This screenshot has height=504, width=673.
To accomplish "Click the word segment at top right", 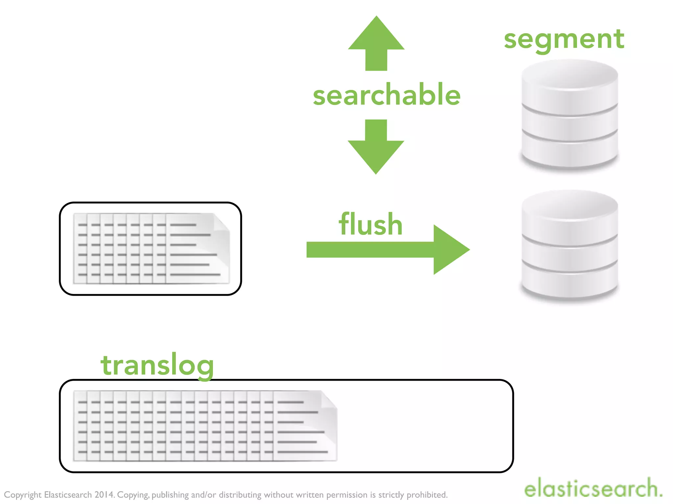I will click(x=564, y=39).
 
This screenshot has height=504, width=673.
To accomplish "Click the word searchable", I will click(x=386, y=95).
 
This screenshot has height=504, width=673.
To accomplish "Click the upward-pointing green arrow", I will click(x=376, y=43).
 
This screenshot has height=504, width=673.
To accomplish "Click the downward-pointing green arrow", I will click(x=376, y=148).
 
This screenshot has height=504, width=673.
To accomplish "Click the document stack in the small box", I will click(x=151, y=248).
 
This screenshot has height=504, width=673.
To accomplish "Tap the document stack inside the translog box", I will click(x=205, y=426).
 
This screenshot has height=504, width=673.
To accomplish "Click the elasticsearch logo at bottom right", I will click(x=593, y=488).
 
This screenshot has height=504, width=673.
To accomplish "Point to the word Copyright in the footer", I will click(x=23, y=495).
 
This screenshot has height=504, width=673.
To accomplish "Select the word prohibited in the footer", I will click(x=427, y=495).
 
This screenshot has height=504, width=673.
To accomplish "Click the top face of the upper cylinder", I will click(x=569, y=74).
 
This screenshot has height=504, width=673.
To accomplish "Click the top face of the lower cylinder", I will click(x=569, y=204).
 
